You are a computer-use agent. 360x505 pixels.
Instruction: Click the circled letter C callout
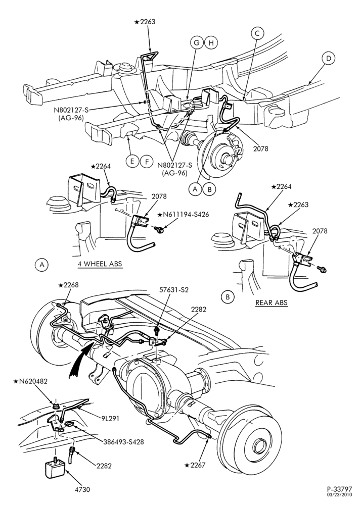pos(257,33)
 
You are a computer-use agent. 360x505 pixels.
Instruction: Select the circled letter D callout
pos(328,58)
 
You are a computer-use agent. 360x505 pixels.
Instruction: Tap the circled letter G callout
pos(197,42)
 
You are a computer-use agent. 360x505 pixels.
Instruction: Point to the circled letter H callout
pos(211,42)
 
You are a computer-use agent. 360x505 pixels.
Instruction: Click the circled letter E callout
pos(132,161)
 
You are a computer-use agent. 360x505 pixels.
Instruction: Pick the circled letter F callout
pos(147,161)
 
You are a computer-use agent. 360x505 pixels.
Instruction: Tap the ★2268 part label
pos(68,285)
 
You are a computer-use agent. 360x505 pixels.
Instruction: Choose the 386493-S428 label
pos(123,442)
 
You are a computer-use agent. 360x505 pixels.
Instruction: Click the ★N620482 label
pos(30,381)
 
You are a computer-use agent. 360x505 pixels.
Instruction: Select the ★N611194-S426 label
pos(183,214)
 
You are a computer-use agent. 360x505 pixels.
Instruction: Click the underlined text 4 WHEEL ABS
pos(100,264)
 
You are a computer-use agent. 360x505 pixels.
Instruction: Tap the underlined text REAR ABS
pos(272,302)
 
